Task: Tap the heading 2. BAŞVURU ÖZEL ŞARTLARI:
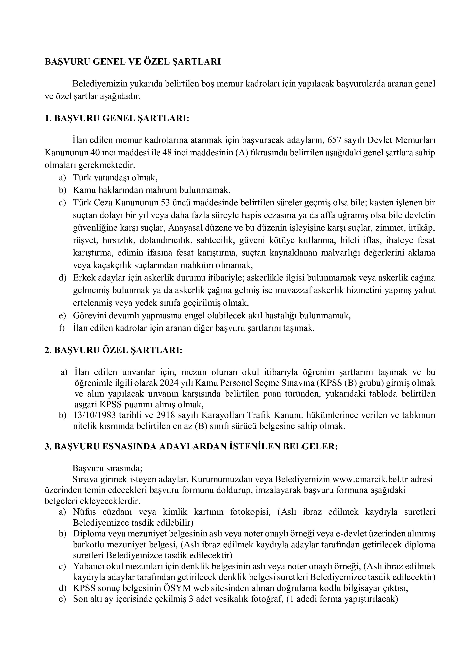114,350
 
